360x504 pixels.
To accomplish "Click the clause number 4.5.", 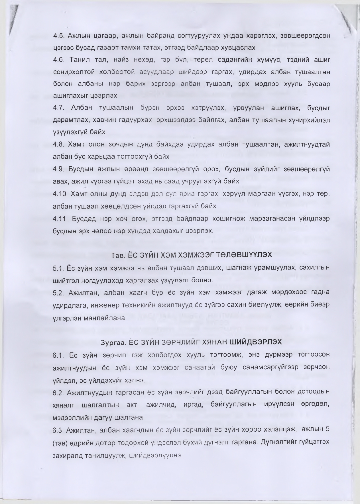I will point(59,36).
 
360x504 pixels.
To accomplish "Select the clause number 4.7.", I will point(59,108).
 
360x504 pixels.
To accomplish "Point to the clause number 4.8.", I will point(59,144).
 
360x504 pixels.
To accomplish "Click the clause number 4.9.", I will point(59,169).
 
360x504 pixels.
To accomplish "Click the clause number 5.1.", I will point(59,268).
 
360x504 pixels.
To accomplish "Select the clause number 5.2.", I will point(59,293).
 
